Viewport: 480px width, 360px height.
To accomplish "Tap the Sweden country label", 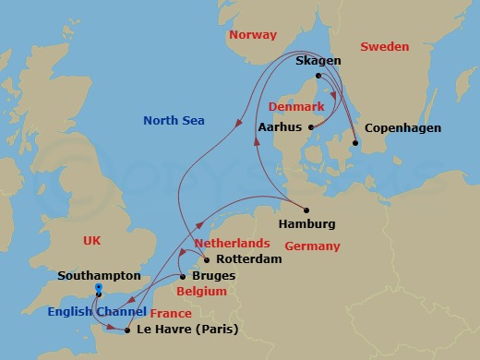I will click(x=384, y=46).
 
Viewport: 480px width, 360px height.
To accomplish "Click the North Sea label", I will click(x=174, y=121).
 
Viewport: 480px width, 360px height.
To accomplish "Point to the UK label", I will click(x=91, y=240).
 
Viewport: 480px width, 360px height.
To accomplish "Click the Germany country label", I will click(x=312, y=246).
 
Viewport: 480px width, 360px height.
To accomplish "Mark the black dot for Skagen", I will click(x=318, y=76).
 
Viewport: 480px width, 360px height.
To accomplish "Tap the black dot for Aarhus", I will click(x=311, y=127).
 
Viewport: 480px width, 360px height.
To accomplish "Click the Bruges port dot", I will click(x=182, y=276).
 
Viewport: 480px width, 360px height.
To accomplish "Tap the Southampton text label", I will click(x=99, y=275).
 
